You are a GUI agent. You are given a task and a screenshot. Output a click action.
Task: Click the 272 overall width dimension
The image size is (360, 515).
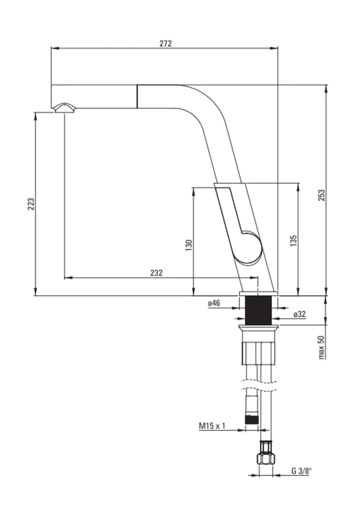click(x=165, y=43)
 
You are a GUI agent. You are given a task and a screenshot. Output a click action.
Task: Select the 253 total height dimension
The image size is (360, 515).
click(x=321, y=195)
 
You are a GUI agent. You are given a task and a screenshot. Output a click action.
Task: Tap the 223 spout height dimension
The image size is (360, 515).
click(x=30, y=204)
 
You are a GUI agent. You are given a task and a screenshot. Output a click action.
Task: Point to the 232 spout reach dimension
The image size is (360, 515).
click(x=157, y=273)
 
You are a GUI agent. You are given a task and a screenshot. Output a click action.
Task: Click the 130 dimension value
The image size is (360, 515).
click(x=188, y=245)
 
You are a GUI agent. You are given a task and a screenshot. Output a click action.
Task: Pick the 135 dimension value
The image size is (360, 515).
click(x=294, y=241)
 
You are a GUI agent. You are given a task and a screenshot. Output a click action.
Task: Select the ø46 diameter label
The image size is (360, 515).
click(x=214, y=303)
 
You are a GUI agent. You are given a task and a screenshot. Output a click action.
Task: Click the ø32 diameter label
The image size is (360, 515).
click(x=300, y=314)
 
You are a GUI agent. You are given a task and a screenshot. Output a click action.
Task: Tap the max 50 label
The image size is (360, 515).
click(x=321, y=347)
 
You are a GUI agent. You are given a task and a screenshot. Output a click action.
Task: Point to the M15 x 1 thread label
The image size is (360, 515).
click(x=212, y=426)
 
